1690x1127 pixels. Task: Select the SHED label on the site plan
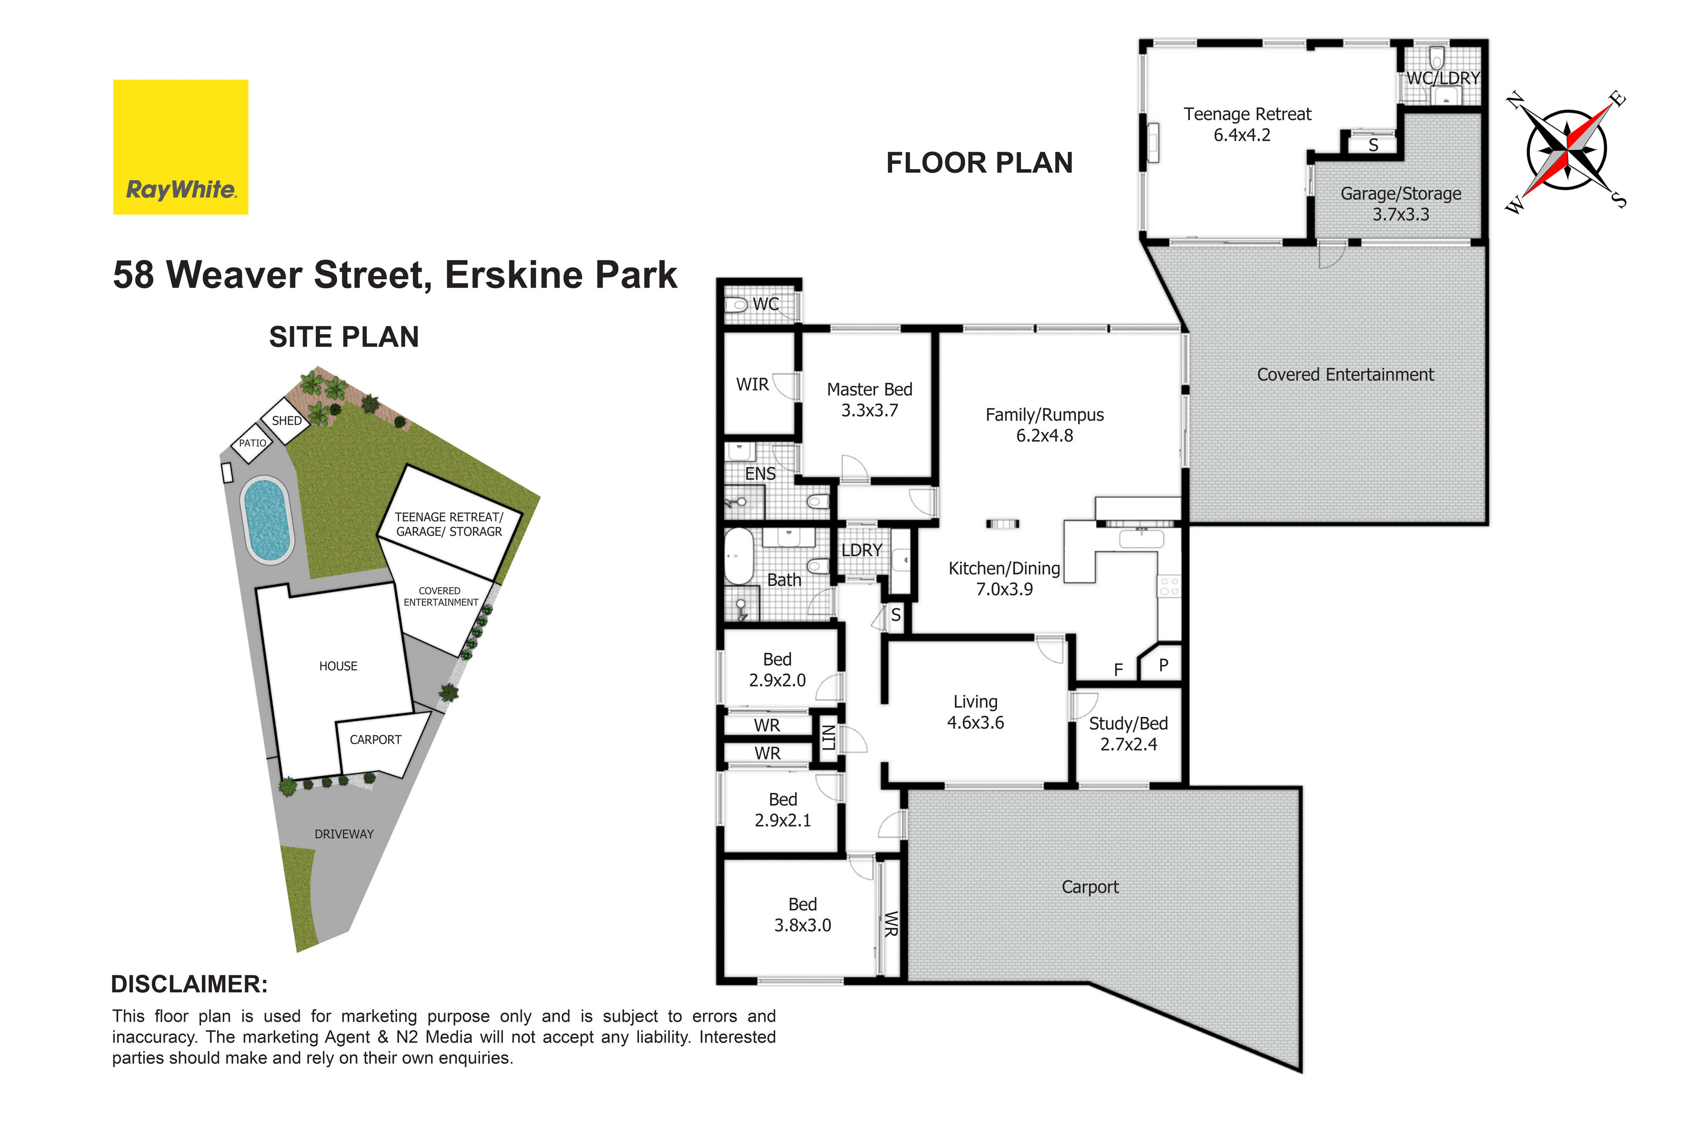click(x=287, y=420)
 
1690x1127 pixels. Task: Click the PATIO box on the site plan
click(x=252, y=443)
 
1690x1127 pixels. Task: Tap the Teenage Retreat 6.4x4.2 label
click(x=1247, y=124)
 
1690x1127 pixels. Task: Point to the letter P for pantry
click(x=1163, y=665)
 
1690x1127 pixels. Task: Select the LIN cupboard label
click(x=829, y=737)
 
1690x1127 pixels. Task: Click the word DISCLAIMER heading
click(x=189, y=984)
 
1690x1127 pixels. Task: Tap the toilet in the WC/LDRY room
click(x=1436, y=57)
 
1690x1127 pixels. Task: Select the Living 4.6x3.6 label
click(x=975, y=712)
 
